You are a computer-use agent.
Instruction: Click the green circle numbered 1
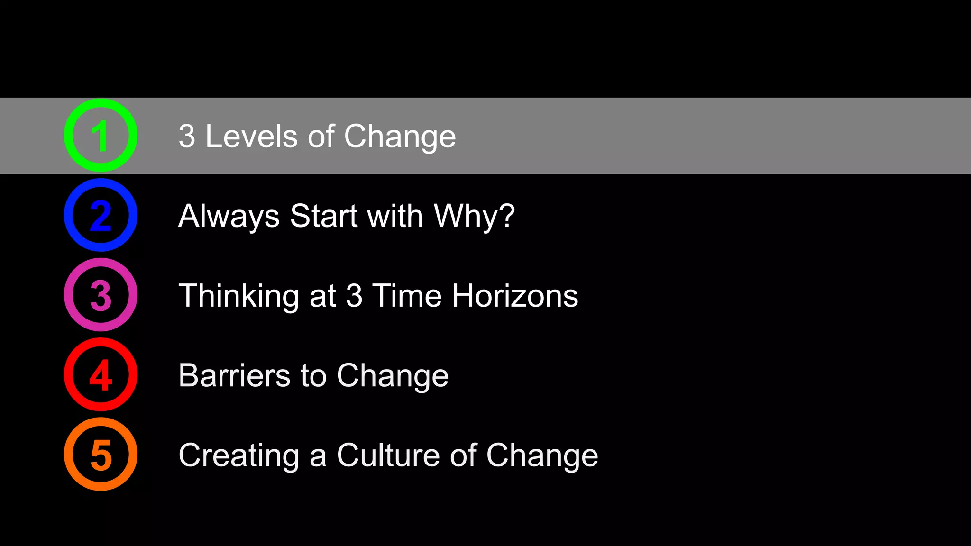101,136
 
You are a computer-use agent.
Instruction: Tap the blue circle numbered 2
101,215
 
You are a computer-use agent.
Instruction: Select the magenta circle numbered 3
101,295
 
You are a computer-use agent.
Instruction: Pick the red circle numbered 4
101,374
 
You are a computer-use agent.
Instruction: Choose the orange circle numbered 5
101,454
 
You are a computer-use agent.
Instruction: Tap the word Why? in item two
474,216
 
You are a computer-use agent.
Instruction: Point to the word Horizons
515,296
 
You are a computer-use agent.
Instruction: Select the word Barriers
234,375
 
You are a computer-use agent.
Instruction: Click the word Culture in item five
388,455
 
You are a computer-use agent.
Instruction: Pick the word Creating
238,455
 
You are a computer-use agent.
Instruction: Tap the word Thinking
238,296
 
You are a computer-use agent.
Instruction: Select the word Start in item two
323,216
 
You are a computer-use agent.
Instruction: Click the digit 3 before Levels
187,136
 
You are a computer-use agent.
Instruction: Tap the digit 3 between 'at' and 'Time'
354,296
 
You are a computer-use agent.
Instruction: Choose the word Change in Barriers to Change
393,375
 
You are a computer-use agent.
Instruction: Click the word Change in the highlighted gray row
400,136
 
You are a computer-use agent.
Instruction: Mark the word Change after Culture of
542,455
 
